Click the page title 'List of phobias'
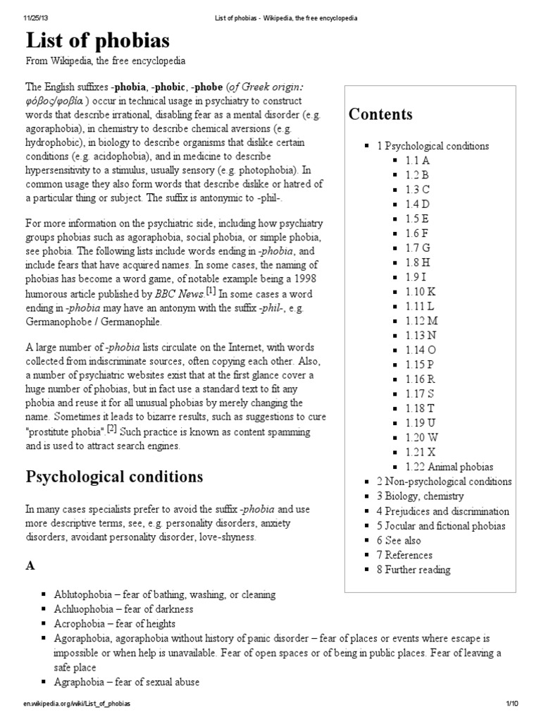(98, 40)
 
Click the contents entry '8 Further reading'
(413, 570)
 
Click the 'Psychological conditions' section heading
(114, 477)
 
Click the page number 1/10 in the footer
(511, 704)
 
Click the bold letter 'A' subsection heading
(30, 566)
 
